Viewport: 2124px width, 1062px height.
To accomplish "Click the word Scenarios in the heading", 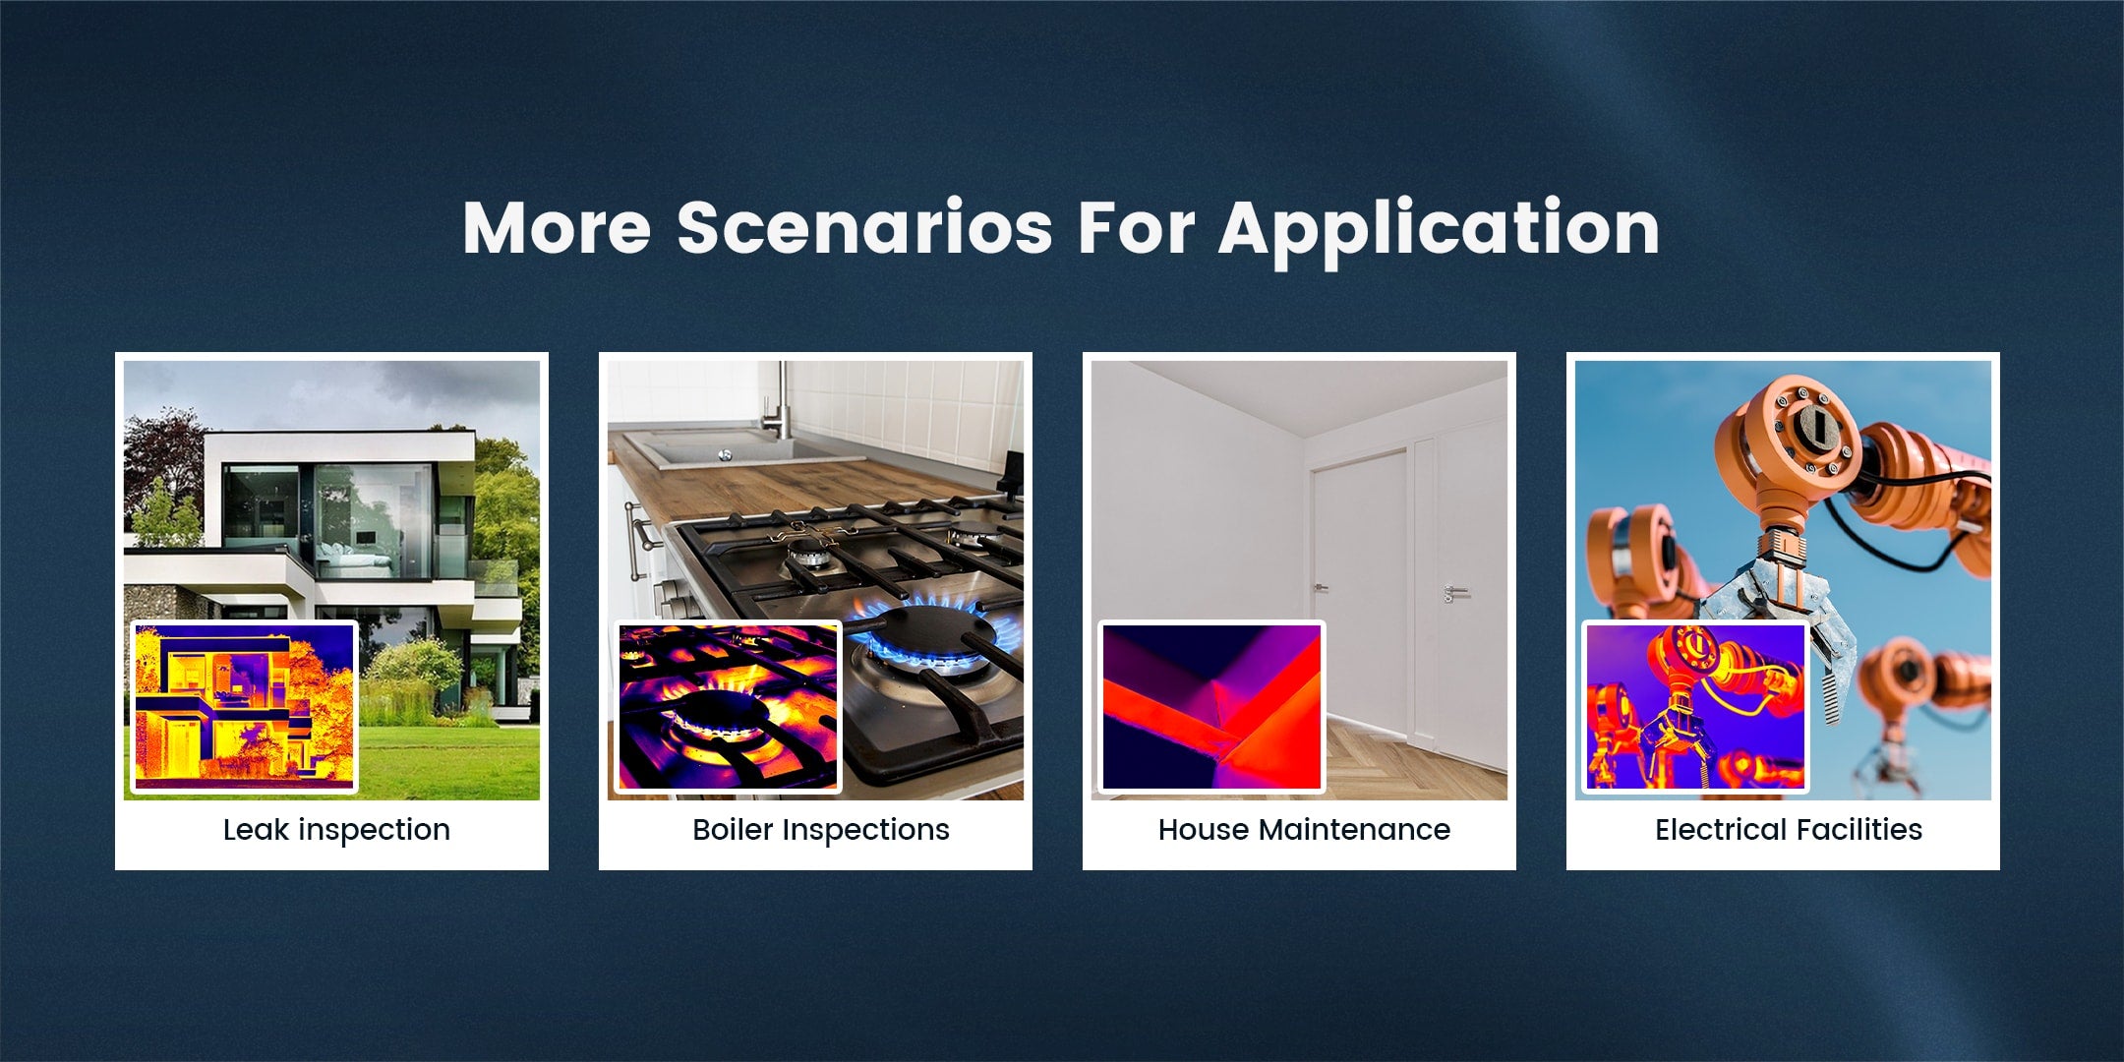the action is click(864, 227).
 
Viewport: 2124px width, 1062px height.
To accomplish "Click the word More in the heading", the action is click(557, 228).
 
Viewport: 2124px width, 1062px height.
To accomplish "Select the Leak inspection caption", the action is click(336, 830).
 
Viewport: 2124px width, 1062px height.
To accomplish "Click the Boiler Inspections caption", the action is click(821, 830).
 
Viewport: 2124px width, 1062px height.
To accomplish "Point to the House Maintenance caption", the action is click(1304, 830).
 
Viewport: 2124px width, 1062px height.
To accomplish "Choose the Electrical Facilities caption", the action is click(1789, 830).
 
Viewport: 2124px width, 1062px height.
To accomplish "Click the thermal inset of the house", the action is click(244, 706).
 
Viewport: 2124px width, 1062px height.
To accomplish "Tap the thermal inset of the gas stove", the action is click(728, 706).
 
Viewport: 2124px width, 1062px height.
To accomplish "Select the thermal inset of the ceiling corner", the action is click(1211, 706).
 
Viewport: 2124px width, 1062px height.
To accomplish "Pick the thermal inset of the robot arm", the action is click(1695, 706).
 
